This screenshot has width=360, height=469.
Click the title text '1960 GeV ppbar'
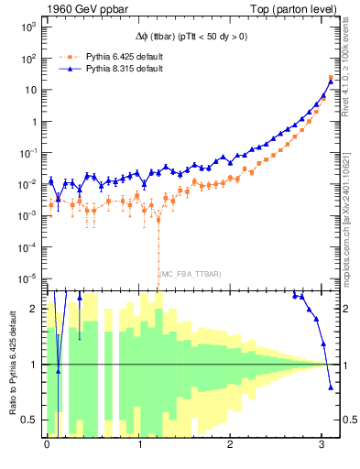79,8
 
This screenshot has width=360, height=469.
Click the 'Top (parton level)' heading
295,8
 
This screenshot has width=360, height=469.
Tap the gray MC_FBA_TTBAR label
190,274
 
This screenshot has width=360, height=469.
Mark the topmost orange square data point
331,78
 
